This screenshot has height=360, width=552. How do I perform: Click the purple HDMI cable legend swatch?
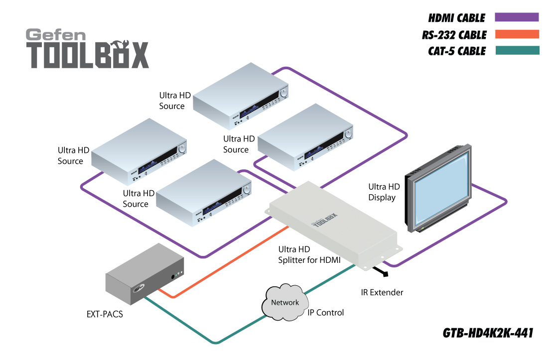pos(517,17)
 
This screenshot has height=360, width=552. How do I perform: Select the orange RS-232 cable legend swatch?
pos(517,34)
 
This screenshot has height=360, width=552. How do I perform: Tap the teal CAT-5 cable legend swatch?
pos(517,50)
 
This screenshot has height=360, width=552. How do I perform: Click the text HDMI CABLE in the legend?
pos(456,18)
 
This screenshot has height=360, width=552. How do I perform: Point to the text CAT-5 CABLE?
pos(456,51)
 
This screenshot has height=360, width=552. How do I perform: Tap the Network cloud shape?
pos(285,303)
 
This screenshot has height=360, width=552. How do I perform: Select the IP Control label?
pos(326,313)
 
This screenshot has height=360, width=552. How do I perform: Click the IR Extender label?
pos(382,292)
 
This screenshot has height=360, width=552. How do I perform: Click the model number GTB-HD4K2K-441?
pos(488,333)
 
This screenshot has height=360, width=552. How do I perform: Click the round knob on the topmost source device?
pos(284,93)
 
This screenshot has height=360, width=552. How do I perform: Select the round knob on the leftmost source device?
pos(182,148)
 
